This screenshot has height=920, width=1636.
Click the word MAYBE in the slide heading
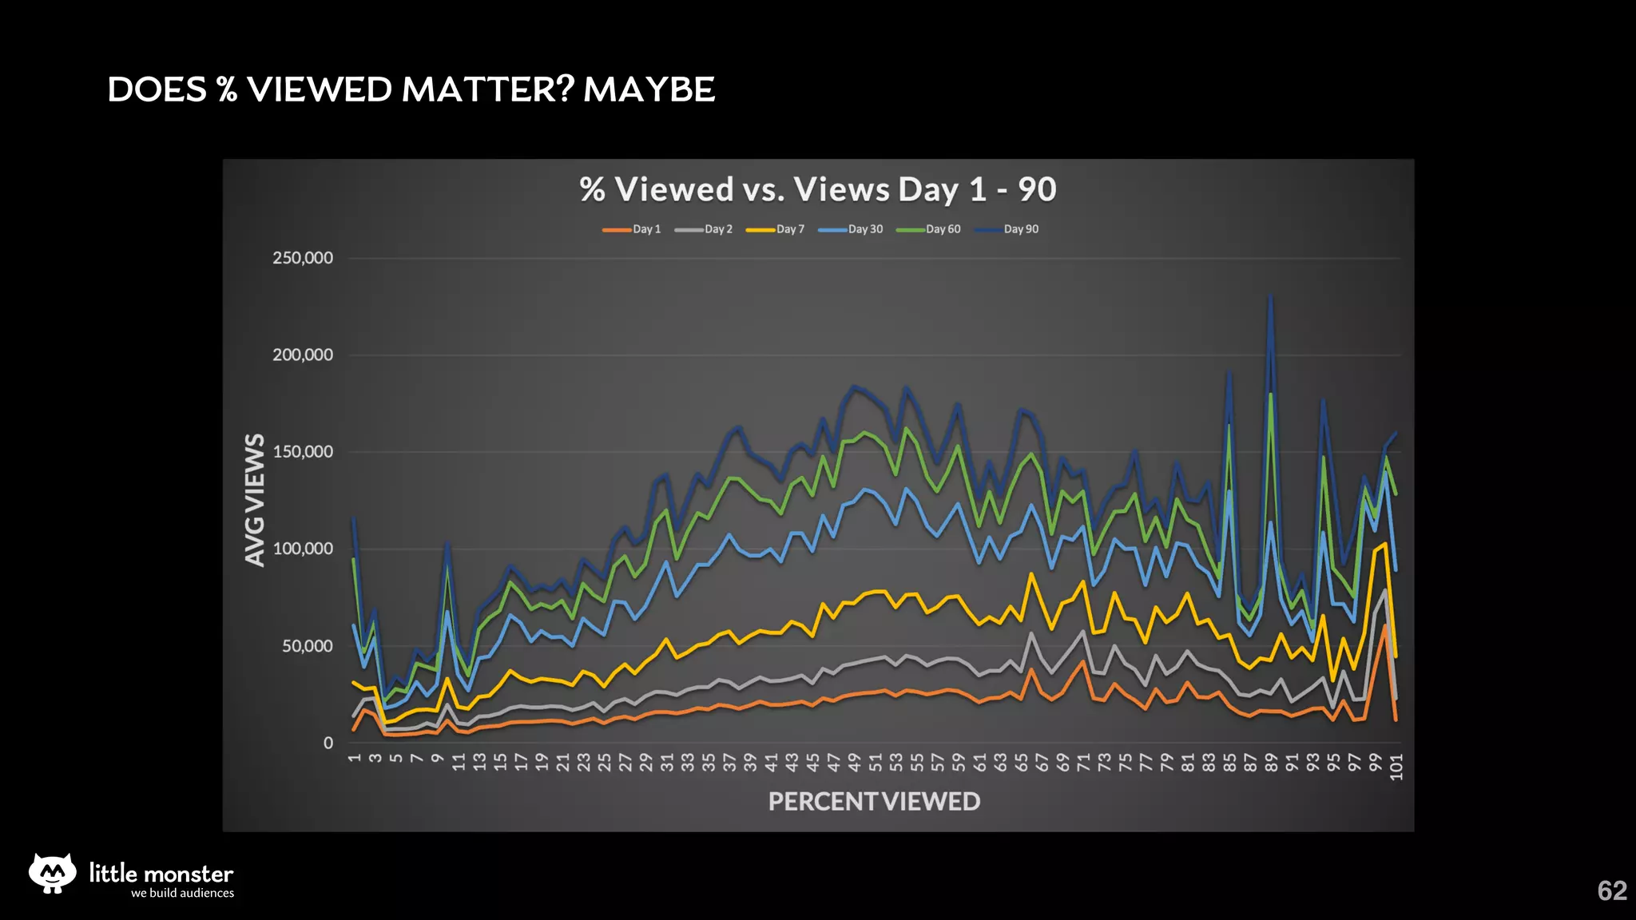tap(649, 89)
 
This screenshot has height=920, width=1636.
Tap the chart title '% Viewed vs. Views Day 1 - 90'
tap(818, 190)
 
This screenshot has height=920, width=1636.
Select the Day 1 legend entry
tap(632, 229)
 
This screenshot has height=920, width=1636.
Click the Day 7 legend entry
tap(776, 229)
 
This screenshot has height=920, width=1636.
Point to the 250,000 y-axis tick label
tap(303, 258)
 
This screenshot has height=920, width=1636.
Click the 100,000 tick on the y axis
tap(303, 549)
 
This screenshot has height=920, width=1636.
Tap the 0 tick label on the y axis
tap(328, 744)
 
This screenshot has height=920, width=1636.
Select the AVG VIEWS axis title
tap(255, 500)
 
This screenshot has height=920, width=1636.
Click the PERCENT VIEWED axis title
tap(874, 801)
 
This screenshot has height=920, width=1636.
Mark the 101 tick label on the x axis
tap(1396, 767)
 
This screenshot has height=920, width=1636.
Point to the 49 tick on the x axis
tap(854, 763)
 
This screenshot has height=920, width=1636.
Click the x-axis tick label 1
tap(355, 758)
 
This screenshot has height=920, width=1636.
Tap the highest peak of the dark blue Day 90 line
tap(1270, 297)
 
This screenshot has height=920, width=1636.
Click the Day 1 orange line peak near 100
tap(1385, 626)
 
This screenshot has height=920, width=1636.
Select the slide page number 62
tap(1611, 890)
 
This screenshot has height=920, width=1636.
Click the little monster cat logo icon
tap(53, 873)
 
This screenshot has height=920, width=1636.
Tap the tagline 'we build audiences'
tap(182, 894)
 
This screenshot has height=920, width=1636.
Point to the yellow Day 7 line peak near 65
tap(1031, 573)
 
